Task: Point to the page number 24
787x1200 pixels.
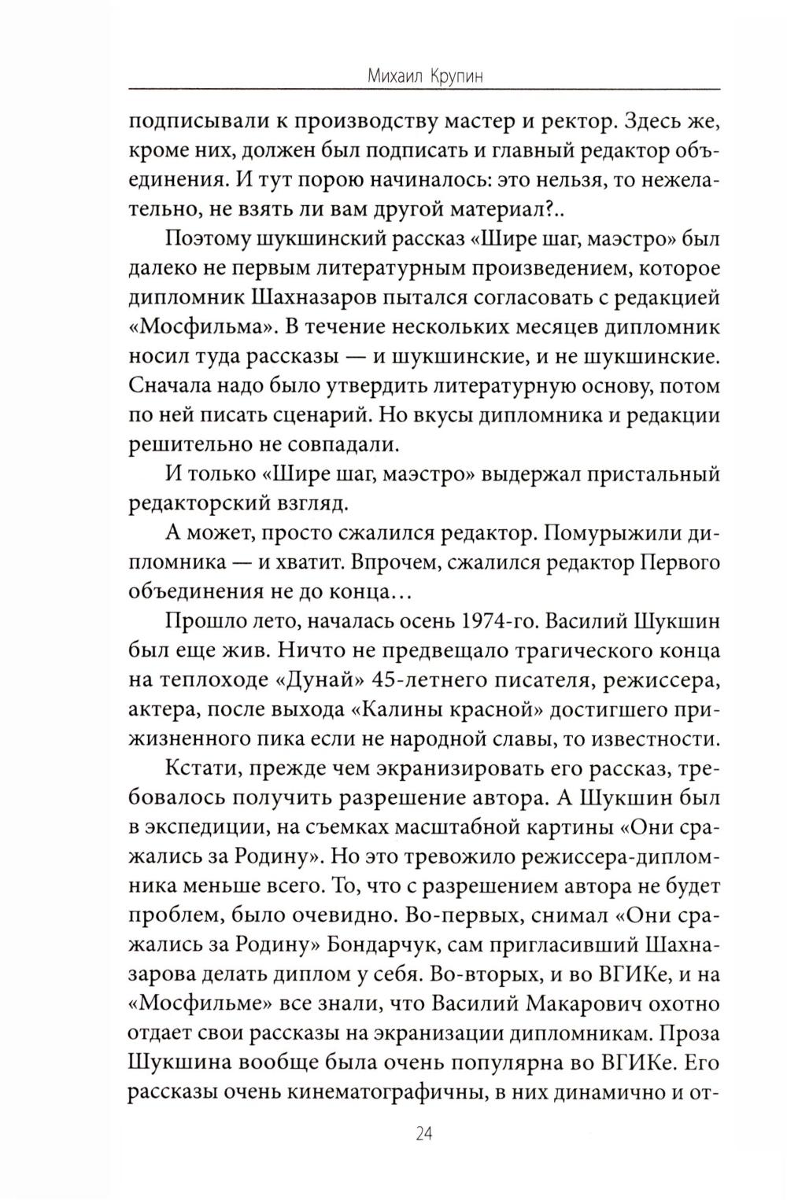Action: coord(423,1133)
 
